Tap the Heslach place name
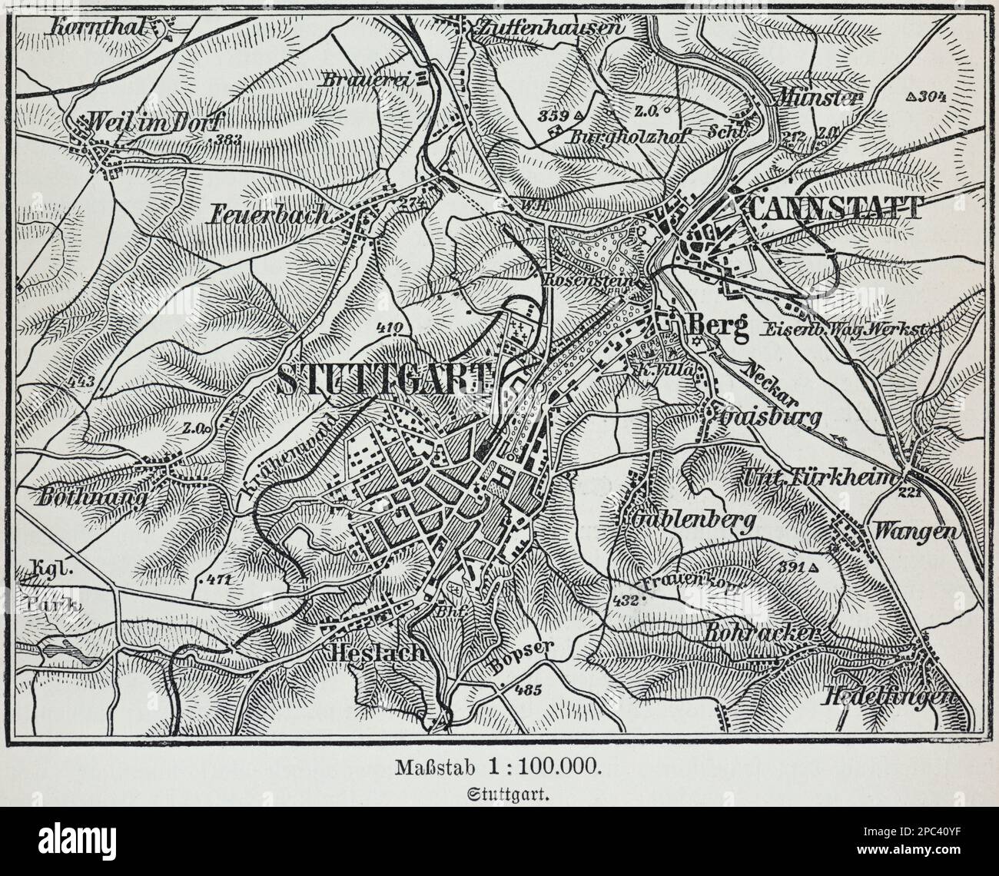point(376,653)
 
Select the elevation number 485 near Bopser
point(529,689)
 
